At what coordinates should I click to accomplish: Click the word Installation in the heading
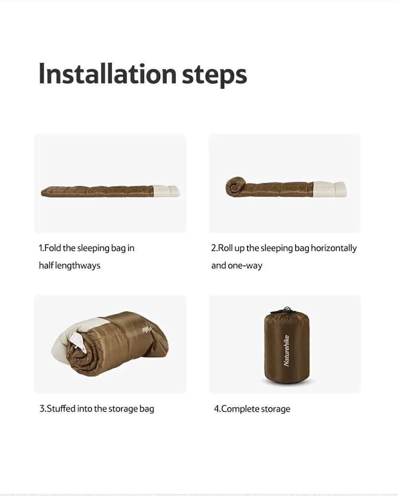click(107, 73)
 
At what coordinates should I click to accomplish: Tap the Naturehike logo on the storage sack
click(286, 351)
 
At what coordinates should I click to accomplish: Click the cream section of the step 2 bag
click(330, 189)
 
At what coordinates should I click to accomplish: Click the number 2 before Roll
click(214, 248)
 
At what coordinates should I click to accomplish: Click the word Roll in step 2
click(225, 248)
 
